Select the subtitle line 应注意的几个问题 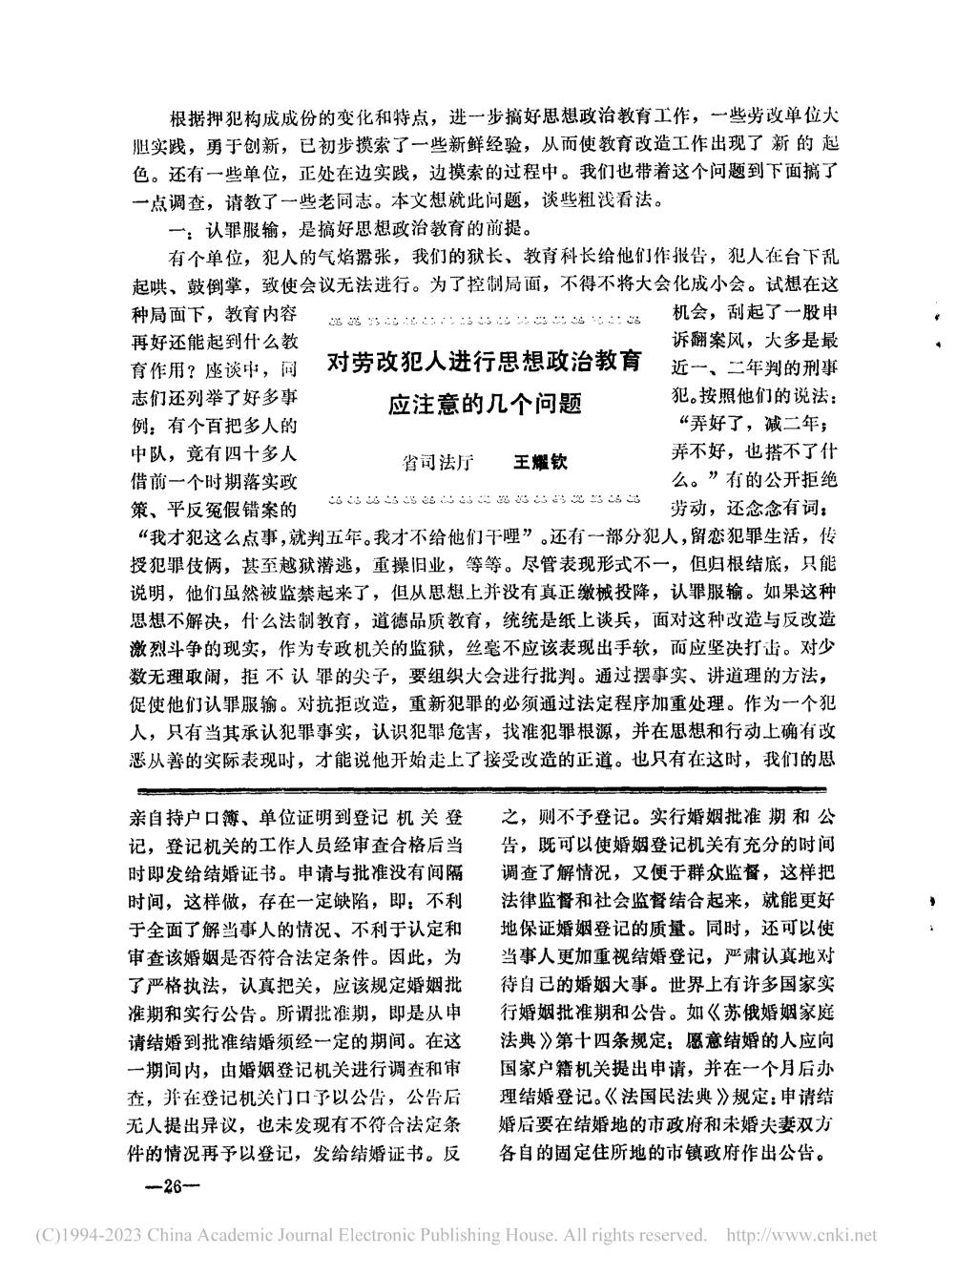486,405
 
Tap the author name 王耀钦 541,461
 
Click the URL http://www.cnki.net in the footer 802,1235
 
